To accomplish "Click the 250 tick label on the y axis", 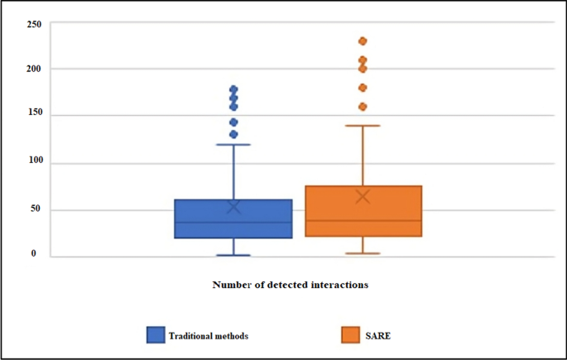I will pyautogui.click(x=34, y=24).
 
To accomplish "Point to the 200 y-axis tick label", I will pyautogui.click(x=34, y=69).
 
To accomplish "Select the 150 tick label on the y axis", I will pyautogui.click(x=34, y=116).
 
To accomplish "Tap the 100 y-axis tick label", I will pyautogui.click(x=34, y=163).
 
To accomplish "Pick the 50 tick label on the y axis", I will pyautogui.click(x=36, y=209).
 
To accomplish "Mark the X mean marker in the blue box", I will pyautogui.click(x=233, y=207).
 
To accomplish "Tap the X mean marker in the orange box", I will pyautogui.click(x=363, y=196).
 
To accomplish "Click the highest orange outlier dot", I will pyautogui.click(x=363, y=41).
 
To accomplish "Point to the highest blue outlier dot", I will pyautogui.click(x=233, y=89).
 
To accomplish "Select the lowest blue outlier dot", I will pyautogui.click(x=233, y=134).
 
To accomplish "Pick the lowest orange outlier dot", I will pyautogui.click(x=363, y=107).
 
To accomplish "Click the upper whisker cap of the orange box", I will pyautogui.click(x=363, y=126).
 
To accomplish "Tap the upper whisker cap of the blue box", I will pyautogui.click(x=233, y=145).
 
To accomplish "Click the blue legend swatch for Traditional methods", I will pyautogui.click(x=156, y=335).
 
